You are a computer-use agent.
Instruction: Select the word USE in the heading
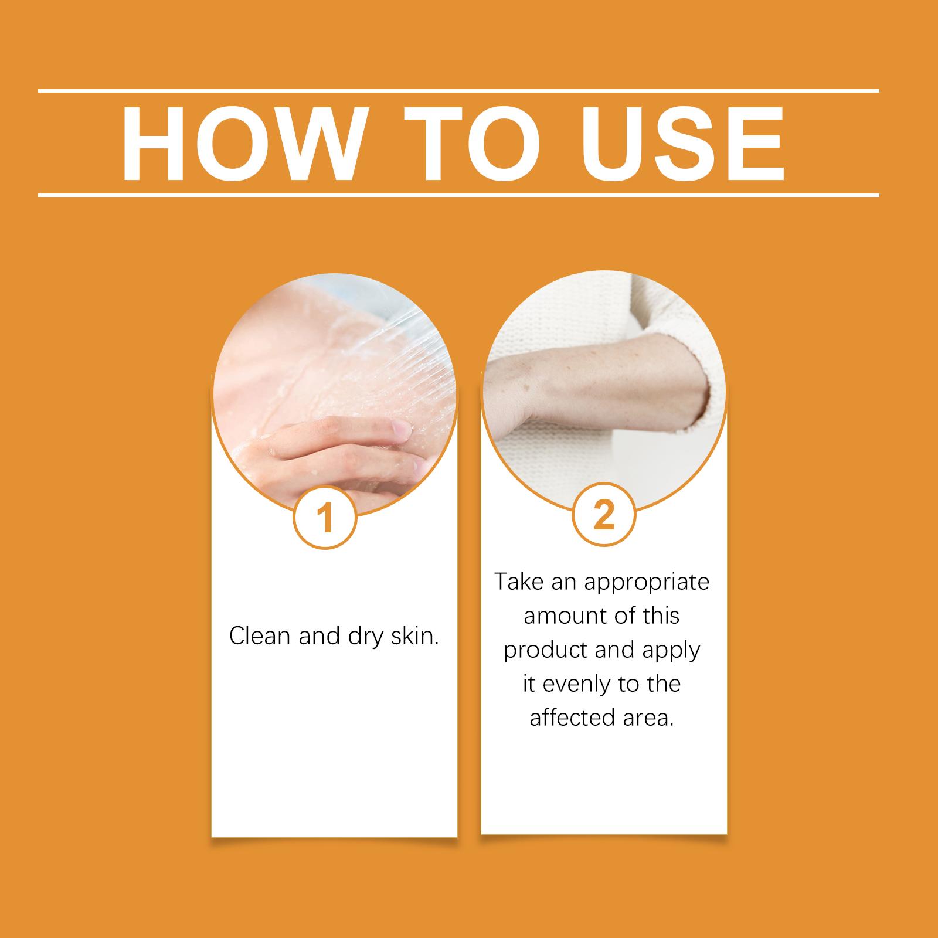pos(683,143)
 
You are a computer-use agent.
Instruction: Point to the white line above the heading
pos(458,91)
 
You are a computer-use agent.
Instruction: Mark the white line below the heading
pos(458,195)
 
